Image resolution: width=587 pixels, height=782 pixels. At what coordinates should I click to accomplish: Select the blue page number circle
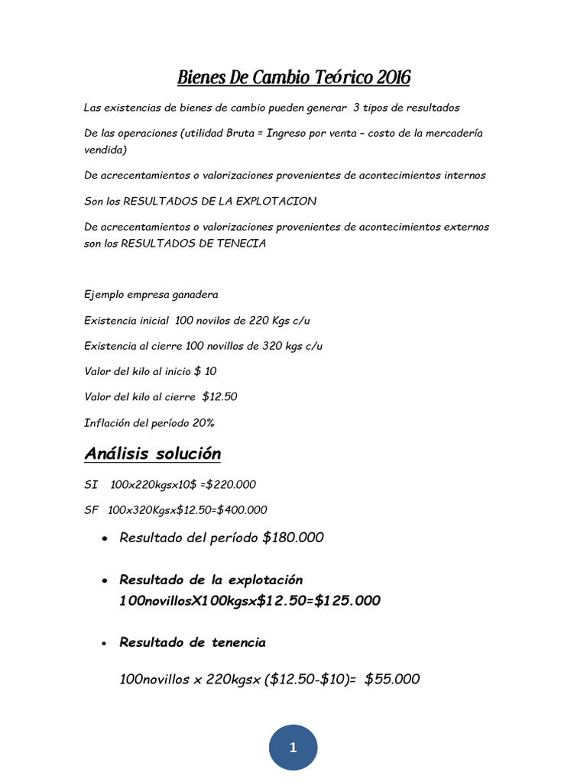293,748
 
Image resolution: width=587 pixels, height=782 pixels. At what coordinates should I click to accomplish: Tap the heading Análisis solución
152,454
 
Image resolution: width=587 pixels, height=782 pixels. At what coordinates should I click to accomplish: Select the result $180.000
293,538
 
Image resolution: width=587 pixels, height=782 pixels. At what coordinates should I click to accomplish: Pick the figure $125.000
339,600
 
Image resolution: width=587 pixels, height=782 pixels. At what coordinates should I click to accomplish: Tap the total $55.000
392,678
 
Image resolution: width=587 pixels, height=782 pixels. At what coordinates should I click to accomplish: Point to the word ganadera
195,294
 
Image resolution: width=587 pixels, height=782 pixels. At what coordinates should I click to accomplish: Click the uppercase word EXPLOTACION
268,201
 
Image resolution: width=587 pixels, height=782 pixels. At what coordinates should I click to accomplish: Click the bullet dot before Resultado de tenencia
103,644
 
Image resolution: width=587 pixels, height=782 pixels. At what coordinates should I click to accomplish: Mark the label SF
92,509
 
